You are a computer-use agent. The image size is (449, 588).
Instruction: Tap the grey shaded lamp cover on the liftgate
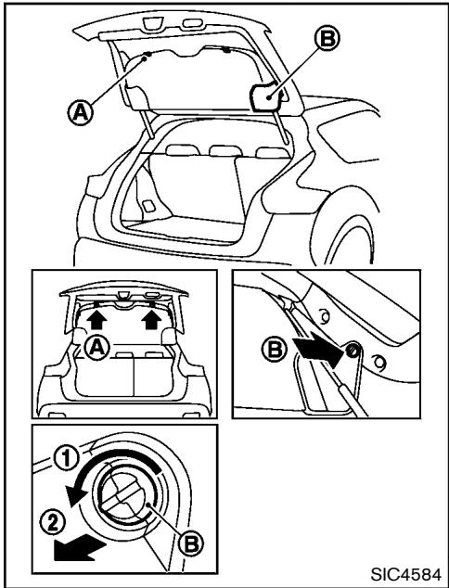[267, 95]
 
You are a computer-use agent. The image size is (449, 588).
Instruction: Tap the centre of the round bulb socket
[135, 489]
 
